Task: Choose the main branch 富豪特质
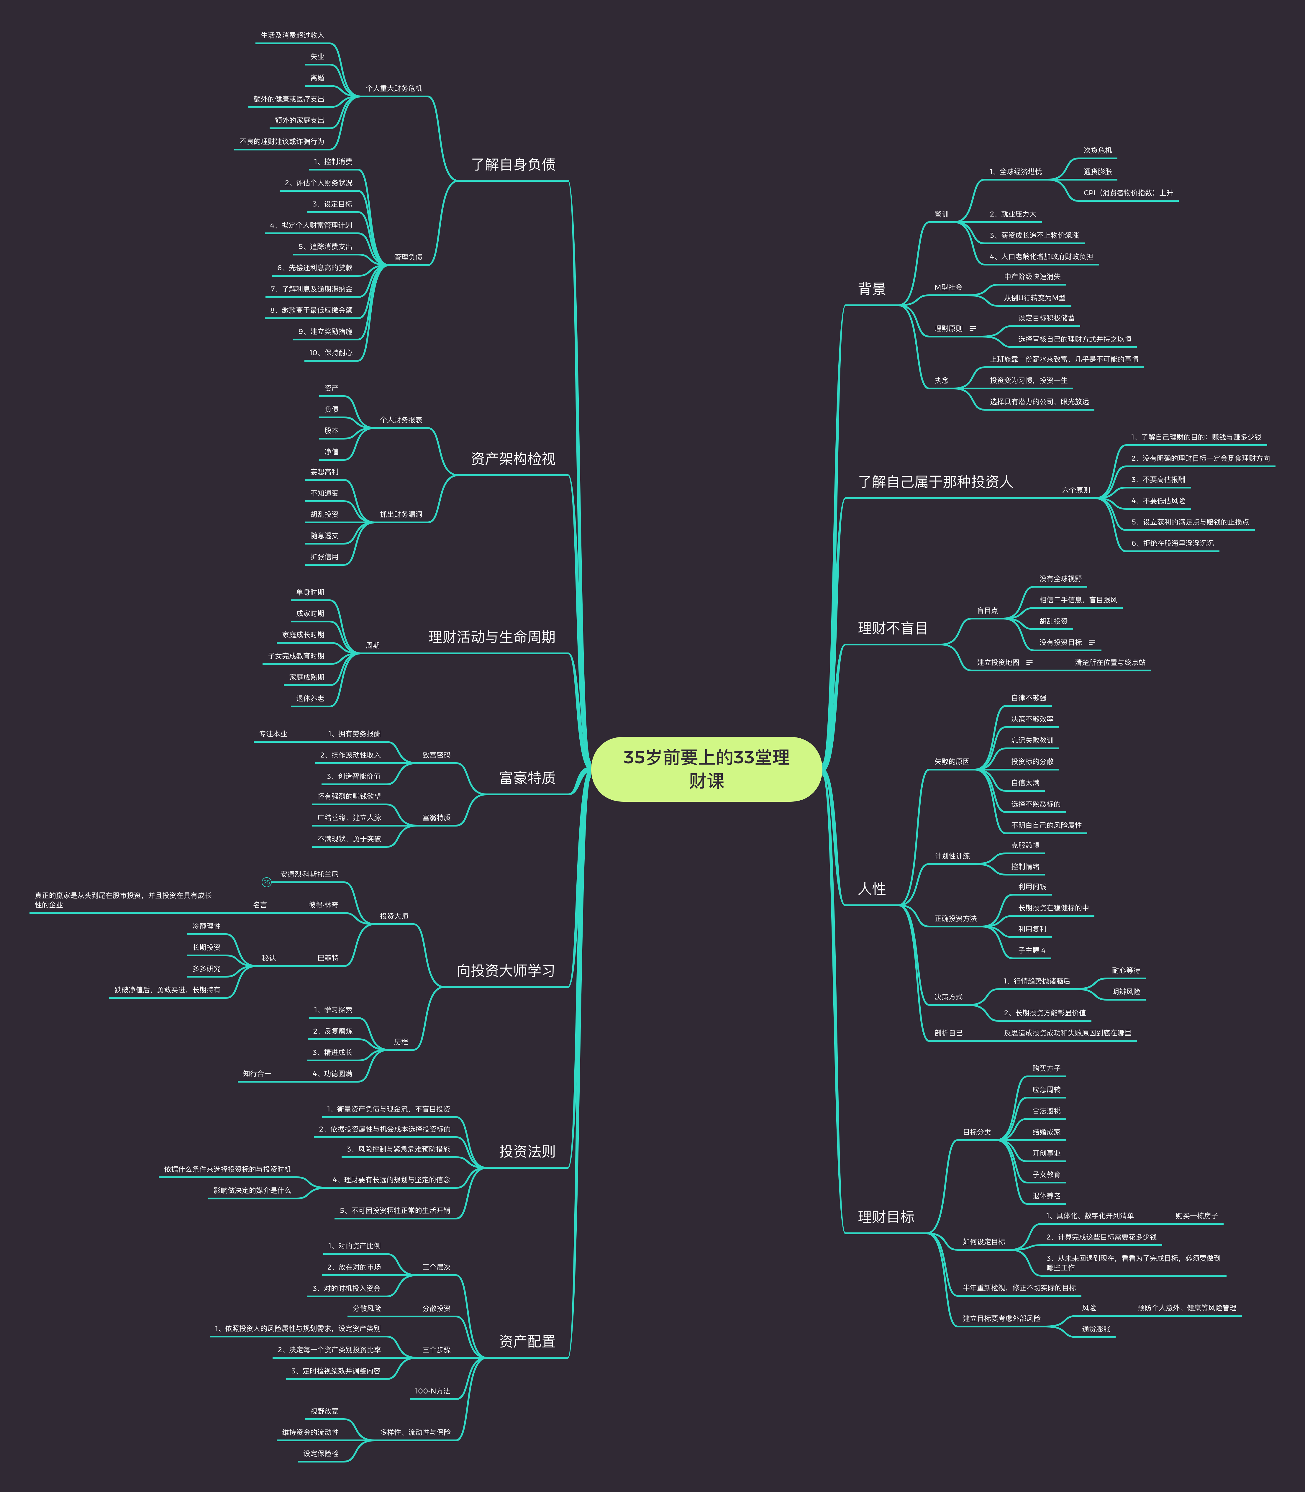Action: coord(527,778)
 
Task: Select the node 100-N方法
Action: coord(432,1391)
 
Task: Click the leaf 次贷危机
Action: coord(1097,151)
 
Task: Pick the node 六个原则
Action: coord(1076,490)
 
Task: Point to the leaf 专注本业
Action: coord(273,734)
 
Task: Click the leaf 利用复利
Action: coord(1032,929)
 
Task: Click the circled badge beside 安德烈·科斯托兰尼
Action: coord(267,883)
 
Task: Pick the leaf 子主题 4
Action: coord(1032,950)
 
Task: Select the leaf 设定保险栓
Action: coord(321,1453)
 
